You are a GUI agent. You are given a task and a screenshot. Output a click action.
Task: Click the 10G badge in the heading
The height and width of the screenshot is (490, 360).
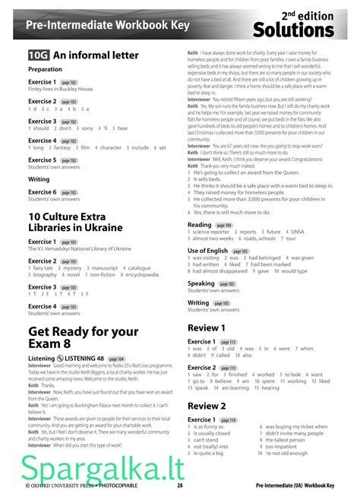point(38,55)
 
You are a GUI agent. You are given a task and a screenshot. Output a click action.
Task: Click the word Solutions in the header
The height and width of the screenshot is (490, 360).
point(293,30)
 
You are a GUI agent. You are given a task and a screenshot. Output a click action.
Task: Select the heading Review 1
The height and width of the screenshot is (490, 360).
point(207,327)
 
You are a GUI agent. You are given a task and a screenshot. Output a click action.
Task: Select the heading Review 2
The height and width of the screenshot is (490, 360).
point(207,406)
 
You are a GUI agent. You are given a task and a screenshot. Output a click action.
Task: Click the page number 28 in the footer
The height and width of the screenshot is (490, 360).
point(180,484)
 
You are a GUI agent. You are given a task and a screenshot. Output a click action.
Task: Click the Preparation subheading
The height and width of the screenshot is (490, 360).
point(45,69)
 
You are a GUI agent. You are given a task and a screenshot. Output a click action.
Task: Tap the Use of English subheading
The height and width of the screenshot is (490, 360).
point(207,251)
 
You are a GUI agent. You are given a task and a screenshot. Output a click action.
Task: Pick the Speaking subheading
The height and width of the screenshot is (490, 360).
point(201,283)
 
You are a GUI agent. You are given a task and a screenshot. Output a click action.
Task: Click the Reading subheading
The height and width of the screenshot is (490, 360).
point(200,225)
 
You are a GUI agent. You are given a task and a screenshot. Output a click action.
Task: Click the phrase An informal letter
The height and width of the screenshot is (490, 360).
point(96,55)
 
